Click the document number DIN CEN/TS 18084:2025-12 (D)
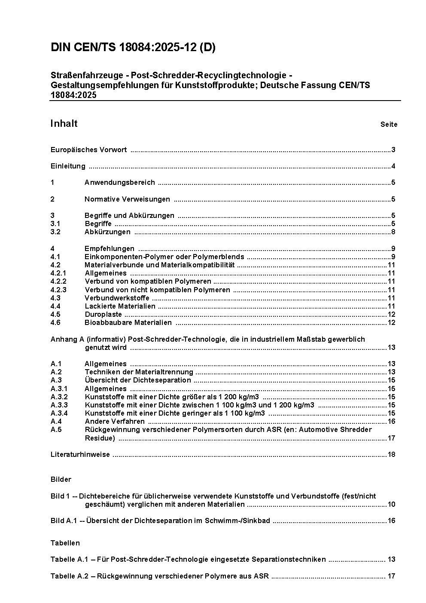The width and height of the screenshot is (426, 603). pos(133,48)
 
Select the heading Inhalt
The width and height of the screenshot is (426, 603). pos(64,124)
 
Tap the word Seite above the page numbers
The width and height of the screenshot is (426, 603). pos(389,125)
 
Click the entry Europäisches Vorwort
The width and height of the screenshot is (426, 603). pos(88,150)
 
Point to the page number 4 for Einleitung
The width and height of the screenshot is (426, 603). pos(393,166)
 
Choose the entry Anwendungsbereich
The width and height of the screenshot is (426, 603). pos(119,183)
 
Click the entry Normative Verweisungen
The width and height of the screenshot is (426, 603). pos(127,199)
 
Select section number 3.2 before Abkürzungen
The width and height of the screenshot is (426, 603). pos(55,232)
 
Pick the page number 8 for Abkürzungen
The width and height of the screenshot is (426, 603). pos(393,232)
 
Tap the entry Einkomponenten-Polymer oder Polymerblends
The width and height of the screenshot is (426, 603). pos(164,257)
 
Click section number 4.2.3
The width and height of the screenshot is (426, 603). pos(58,290)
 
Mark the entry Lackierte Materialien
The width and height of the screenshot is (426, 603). pos(120,306)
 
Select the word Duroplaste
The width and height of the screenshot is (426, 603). pos(103,315)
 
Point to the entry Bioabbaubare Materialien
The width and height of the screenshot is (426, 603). pos(128,323)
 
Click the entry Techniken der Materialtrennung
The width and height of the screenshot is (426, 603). pos(139,372)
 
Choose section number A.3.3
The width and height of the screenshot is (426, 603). pos(59,405)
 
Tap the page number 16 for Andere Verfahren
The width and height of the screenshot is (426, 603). pos(391,422)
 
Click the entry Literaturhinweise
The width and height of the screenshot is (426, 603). pos(80,455)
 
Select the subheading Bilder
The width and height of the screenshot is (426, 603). pos(61,480)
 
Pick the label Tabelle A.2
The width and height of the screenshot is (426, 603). pos(69,576)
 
